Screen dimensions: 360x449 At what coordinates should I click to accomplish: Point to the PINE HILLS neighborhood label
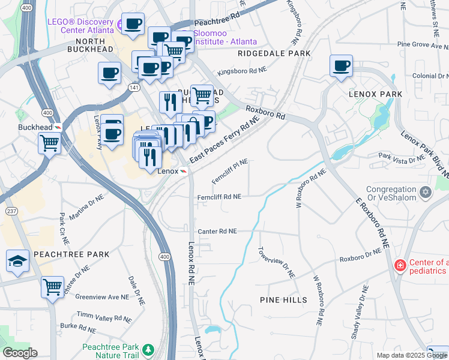coord(283,299)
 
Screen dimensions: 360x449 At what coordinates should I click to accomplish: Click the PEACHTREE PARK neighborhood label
coord(71,254)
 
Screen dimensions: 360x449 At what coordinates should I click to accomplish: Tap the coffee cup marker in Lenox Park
coord(342,66)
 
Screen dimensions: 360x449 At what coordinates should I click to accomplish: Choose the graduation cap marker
coord(18,261)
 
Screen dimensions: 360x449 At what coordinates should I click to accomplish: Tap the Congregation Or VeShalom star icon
coord(426,192)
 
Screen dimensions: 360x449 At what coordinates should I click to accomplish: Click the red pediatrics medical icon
coord(399,265)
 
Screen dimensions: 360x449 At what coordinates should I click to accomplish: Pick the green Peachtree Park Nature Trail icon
coord(148,349)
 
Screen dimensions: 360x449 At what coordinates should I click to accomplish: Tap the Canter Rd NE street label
coord(217,231)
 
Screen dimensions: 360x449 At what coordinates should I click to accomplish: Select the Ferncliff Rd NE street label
coord(219,197)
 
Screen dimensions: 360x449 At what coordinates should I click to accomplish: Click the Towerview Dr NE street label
coord(276,262)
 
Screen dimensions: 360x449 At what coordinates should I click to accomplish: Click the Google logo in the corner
coord(20,353)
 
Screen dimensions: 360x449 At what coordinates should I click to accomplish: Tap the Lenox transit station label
coord(168,171)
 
